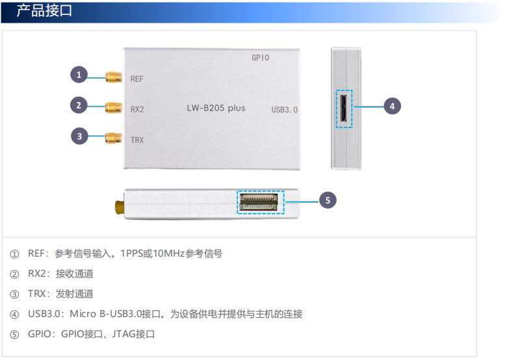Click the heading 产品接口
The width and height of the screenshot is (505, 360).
[x=44, y=10]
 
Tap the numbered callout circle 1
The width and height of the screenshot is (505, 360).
[x=79, y=75]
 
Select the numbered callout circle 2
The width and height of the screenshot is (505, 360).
[x=79, y=105]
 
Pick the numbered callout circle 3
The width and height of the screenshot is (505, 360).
[x=79, y=136]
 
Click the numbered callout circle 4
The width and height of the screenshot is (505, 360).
[x=393, y=107]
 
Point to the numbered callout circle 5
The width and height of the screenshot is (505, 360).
[x=328, y=200]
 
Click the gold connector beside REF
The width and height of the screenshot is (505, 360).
[x=114, y=77]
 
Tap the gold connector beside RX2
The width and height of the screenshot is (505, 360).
[x=114, y=108]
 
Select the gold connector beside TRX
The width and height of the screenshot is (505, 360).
[x=114, y=138]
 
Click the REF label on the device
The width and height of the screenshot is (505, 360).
[x=137, y=79]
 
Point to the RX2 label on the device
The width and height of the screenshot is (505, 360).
[x=137, y=109]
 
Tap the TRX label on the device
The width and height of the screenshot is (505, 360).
[x=137, y=140]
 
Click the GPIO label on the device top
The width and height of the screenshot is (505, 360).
[x=260, y=58]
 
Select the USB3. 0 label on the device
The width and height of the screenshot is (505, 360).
[x=285, y=110]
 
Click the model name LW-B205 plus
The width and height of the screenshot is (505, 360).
[x=216, y=108]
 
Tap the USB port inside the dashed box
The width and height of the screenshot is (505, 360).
[x=343, y=109]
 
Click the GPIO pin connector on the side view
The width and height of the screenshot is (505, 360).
[x=259, y=202]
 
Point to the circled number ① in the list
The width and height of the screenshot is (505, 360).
[x=14, y=254]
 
